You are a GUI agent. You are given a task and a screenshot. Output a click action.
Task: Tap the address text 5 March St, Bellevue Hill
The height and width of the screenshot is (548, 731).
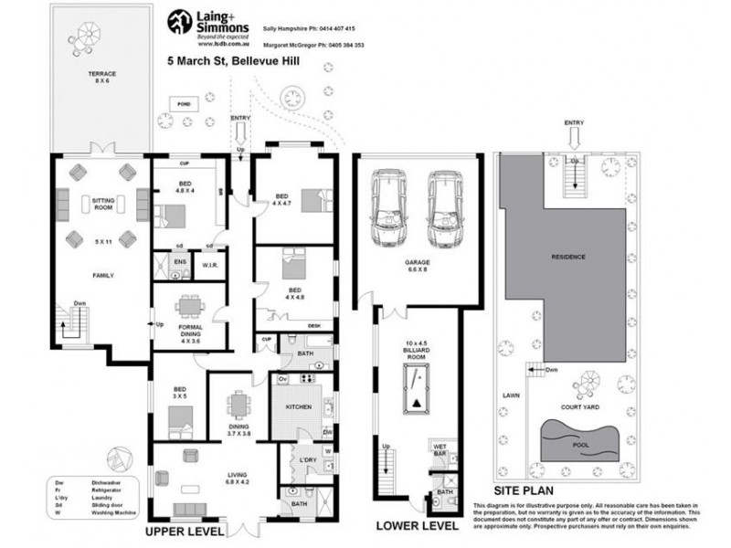click(x=233, y=63)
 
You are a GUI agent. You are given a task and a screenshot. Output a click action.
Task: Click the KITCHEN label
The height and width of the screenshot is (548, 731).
click(x=299, y=406)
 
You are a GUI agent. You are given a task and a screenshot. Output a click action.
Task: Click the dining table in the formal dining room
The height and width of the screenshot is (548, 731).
click(x=188, y=304)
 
